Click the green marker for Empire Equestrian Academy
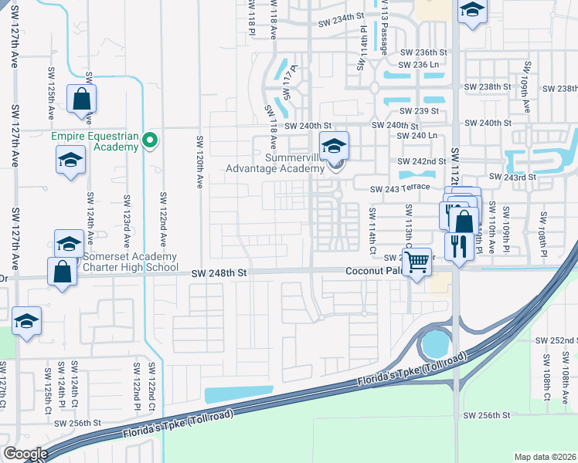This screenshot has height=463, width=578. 151,140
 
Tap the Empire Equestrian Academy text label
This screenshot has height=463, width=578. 95,143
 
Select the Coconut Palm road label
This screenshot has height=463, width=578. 374,271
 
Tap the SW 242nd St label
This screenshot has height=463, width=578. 422,161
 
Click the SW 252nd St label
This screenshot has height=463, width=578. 556,340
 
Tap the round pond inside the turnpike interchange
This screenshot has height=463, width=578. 436,341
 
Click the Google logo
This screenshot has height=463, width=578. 25,454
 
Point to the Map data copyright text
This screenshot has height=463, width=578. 546,457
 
